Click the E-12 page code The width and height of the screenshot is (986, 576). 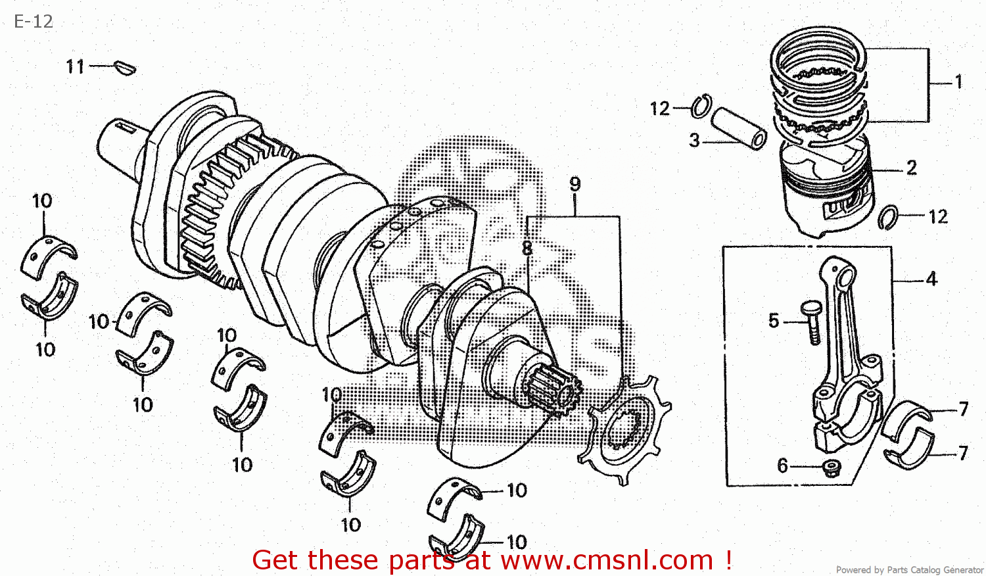pyautogui.click(x=34, y=22)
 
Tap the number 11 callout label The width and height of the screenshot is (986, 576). pyautogui.click(x=75, y=66)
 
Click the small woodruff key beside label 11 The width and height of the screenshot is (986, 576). pyautogui.click(x=125, y=67)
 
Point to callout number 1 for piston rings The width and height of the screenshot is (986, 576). pyautogui.click(x=958, y=82)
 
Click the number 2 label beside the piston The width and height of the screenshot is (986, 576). pyautogui.click(x=912, y=168)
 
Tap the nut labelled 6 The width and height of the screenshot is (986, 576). pyautogui.click(x=832, y=468)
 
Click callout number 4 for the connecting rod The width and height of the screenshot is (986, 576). pyautogui.click(x=931, y=279)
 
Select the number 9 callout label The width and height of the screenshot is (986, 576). pyautogui.click(x=575, y=184)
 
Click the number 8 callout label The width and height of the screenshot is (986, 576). pyautogui.click(x=527, y=248)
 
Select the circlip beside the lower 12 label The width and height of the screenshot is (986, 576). pyautogui.click(x=888, y=217)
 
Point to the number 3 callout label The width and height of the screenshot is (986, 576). pyautogui.click(x=694, y=140)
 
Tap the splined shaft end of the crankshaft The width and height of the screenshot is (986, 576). pyautogui.click(x=552, y=392)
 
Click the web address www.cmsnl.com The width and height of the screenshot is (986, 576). pyautogui.click(x=607, y=560)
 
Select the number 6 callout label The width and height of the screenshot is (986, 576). pyautogui.click(x=782, y=466)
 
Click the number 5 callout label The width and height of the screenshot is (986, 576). pyautogui.click(x=774, y=321)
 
